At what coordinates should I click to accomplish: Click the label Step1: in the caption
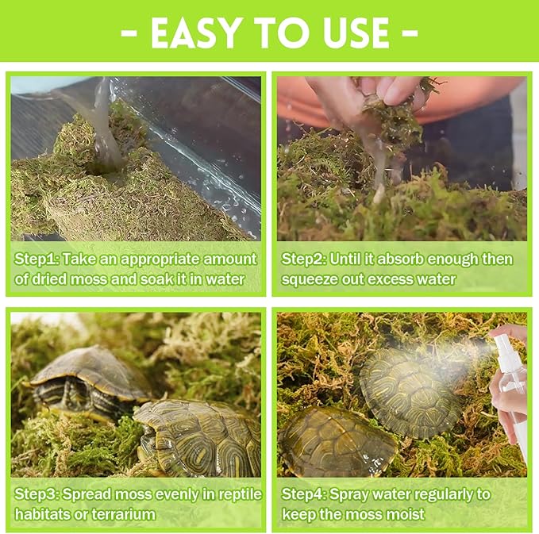tap(36, 259)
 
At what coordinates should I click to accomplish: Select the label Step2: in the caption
tap(303, 259)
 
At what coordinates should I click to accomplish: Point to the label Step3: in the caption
tap(36, 494)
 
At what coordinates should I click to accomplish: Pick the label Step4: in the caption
tap(303, 494)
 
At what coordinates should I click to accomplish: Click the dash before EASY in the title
tap(133, 33)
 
